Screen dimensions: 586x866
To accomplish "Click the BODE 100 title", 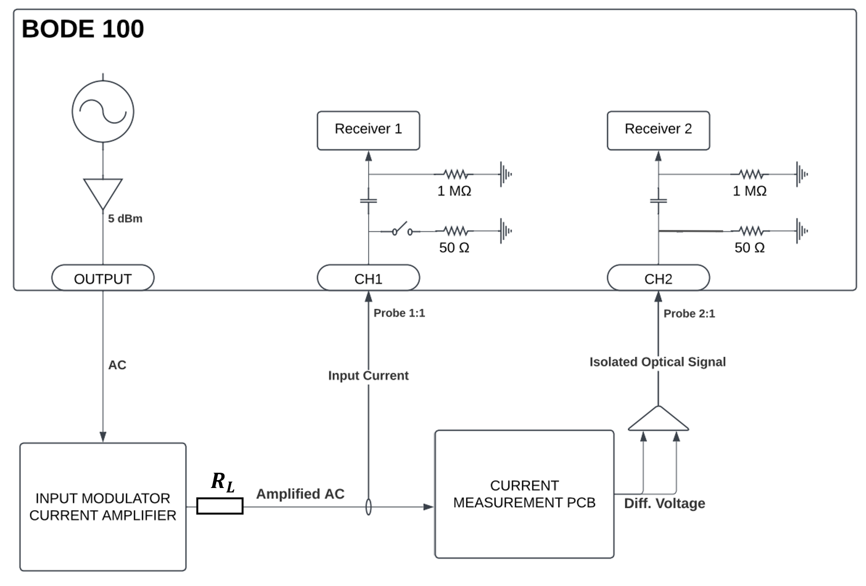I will (x=83, y=29).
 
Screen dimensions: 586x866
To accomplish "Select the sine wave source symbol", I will (x=103, y=111).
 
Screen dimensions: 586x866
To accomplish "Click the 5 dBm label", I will (x=125, y=219).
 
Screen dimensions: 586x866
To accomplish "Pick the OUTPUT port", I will (x=103, y=279).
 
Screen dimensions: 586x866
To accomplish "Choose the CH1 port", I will (x=368, y=279).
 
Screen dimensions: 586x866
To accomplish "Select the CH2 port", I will (x=658, y=279).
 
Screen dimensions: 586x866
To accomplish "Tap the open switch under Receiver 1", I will (x=402, y=229).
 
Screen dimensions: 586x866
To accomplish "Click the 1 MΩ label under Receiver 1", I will (x=454, y=191).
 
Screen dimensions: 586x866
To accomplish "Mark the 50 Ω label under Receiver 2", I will (x=749, y=248).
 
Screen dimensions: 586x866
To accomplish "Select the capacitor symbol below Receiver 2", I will (x=658, y=201).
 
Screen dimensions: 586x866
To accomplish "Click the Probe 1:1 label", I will (x=399, y=313).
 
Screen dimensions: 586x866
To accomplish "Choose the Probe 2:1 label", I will (x=689, y=314).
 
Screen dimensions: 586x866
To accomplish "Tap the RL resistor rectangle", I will (x=220, y=506).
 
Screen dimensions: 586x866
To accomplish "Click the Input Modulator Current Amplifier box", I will (x=103, y=507).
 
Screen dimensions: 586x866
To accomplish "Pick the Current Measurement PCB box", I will (x=524, y=494).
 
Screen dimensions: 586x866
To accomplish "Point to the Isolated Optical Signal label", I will (x=657, y=362).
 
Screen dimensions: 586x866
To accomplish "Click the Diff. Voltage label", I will (x=664, y=503).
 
